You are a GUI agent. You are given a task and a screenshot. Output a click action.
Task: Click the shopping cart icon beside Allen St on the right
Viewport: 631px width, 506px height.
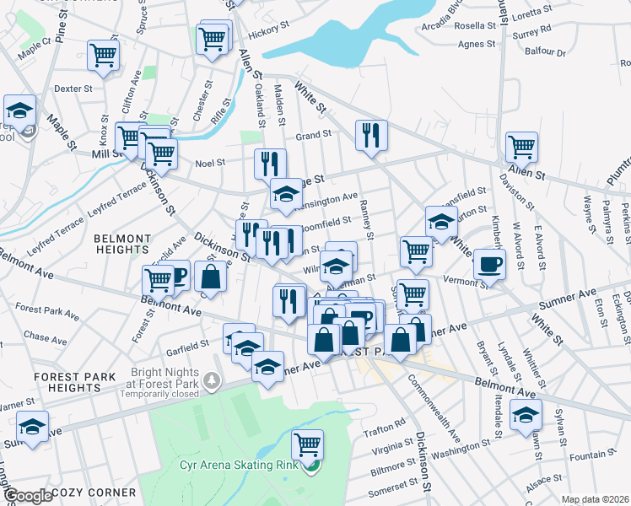(522, 147)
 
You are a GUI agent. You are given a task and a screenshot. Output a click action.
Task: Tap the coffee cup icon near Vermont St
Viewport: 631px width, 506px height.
(488, 264)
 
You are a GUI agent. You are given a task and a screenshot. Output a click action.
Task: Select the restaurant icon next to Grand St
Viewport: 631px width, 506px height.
(371, 135)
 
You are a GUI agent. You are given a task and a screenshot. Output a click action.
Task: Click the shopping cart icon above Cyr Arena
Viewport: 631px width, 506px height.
(308, 444)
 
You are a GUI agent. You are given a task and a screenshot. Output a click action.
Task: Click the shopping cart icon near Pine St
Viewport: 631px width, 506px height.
(104, 56)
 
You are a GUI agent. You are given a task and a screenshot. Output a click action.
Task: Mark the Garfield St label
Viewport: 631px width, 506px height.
(187, 345)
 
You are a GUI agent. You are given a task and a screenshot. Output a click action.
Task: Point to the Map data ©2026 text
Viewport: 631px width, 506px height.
(595, 499)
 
